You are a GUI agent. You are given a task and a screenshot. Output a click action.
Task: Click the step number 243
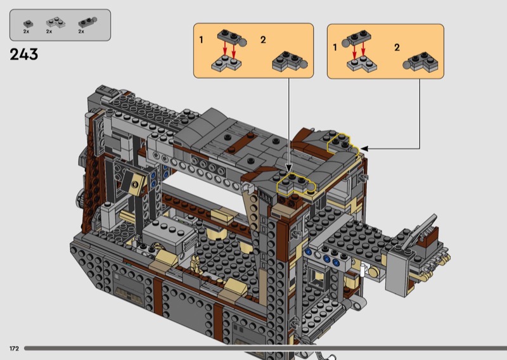24,55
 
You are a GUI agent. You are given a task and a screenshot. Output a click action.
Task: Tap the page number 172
14,349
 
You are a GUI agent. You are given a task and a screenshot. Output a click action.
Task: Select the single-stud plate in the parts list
28,23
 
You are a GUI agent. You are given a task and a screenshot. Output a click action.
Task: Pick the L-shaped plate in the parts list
56,22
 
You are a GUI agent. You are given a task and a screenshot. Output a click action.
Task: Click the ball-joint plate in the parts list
87,22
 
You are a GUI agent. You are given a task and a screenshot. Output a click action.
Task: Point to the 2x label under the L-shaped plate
49,32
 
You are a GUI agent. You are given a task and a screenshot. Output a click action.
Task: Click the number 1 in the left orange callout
201,40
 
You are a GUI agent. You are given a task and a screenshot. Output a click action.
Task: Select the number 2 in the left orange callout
263,40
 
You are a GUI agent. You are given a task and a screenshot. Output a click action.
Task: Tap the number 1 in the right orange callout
335,48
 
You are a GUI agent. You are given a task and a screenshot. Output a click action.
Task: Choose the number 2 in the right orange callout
397,48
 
